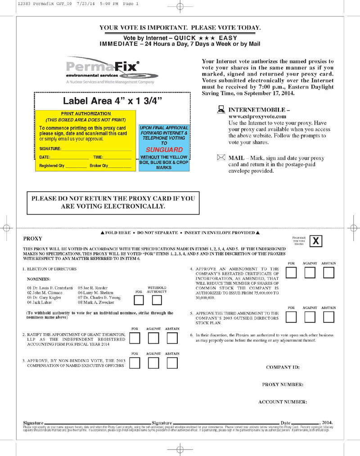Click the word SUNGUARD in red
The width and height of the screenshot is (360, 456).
[x=164, y=149]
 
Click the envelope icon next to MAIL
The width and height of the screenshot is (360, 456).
[x=221, y=158]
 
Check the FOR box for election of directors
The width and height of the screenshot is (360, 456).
[x=139, y=300]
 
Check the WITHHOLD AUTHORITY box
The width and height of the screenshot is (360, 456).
[x=157, y=300]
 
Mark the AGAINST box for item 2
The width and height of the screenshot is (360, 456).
[x=153, y=338]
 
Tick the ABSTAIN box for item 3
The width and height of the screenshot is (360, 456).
[x=172, y=362]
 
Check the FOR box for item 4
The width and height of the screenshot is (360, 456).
[x=292, y=273]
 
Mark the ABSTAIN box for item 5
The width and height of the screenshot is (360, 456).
[x=329, y=317]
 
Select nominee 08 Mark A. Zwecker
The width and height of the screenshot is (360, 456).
[x=96, y=303]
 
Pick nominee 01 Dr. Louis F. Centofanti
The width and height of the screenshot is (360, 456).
[x=50, y=288]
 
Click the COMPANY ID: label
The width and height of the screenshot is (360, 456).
[x=283, y=367]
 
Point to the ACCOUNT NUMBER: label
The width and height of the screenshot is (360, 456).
[x=282, y=402]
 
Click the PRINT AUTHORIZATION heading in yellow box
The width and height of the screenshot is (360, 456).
[x=85, y=114]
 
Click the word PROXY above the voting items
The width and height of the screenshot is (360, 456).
[x=32, y=239]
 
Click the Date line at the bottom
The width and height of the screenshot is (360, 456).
[x=299, y=423]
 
